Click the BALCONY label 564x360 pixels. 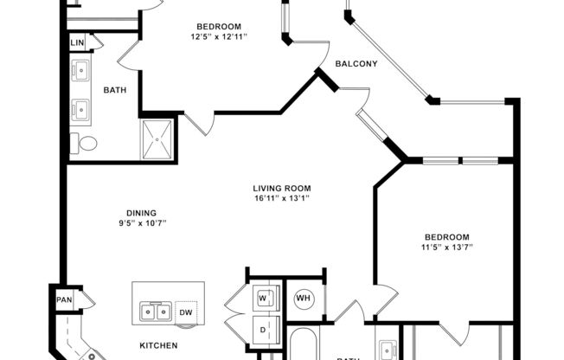click(x=356, y=63)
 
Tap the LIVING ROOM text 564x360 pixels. click(x=281, y=188)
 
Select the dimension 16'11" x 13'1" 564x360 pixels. click(x=281, y=198)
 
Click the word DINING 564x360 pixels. click(x=139, y=213)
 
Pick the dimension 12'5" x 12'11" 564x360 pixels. click(x=218, y=36)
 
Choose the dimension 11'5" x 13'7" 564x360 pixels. click(x=445, y=247)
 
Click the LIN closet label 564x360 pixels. click(x=77, y=42)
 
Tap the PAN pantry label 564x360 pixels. click(x=64, y=299)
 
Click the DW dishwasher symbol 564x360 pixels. click(x=186, y=311)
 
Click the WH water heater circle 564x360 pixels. click(x=303, y=299)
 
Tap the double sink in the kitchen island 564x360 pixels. click(x=155, y=311)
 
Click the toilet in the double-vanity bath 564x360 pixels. click(x=83, y=144)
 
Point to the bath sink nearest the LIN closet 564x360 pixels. click(x=82, y=69)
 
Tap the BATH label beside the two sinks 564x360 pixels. click(x=116, y=89)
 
